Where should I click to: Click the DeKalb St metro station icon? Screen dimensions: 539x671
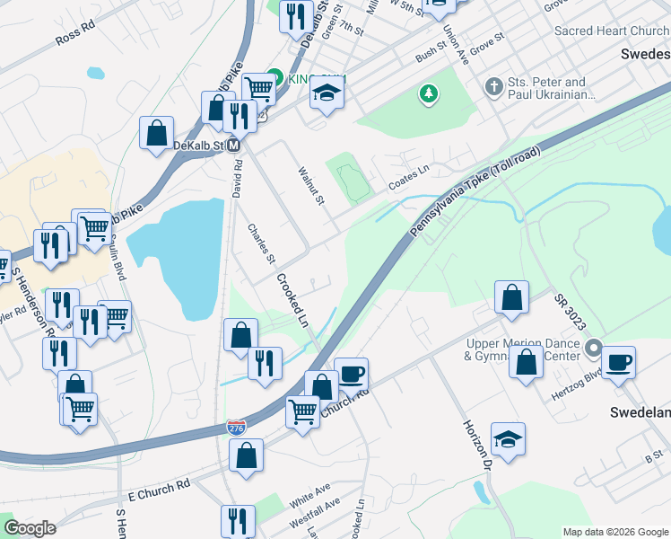point(233,145)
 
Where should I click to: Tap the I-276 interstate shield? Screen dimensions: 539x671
point(236,429)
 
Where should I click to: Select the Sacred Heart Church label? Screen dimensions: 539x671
point(611,31)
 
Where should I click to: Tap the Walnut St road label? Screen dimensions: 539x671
point(310,184)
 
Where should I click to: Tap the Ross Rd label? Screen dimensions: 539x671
point(74,34)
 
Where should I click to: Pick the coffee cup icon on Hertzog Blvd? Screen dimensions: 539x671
point(619,362)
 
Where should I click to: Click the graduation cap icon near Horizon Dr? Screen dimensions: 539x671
point(508,439)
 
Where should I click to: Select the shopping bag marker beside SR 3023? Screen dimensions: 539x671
point(511,298)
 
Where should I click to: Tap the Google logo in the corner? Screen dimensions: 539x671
point(30,528)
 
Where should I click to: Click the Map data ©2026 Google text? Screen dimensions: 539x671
point(615,532)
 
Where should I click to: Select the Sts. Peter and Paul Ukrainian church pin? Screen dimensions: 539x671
point(492,87)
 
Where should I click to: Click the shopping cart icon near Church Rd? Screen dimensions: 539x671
point(303,411)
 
